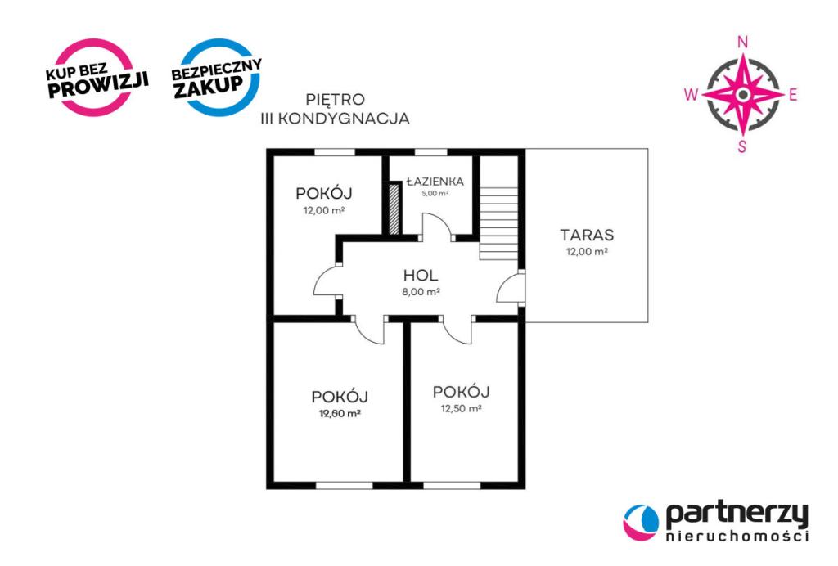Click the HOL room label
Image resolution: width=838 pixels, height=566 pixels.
point(421,276)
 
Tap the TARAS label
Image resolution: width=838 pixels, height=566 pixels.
point(587,235)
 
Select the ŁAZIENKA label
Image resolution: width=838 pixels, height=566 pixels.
point(435,182)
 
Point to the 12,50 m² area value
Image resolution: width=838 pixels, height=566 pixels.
point(462,408)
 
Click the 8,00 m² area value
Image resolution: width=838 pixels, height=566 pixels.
point(421,292)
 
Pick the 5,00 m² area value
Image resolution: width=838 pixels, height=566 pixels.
point(435,193)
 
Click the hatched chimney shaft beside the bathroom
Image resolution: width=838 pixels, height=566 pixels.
point(394,209)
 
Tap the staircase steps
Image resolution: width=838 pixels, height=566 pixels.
point(498,223)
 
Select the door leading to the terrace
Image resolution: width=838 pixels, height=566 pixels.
point(510,289)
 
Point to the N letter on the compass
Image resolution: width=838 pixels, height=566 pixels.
point(743,43)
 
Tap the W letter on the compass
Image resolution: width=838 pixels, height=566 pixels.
point(691,95)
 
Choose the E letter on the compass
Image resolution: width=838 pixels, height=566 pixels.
point(793,95)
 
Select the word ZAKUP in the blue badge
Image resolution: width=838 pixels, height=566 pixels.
point(209,86)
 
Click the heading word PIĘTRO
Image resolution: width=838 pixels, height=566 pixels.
point(335,100)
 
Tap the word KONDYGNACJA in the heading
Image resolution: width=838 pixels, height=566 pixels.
point(344,119)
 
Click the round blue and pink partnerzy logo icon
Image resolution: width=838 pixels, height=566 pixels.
point(641,522)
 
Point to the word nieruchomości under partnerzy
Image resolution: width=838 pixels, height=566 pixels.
point(737,536)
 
